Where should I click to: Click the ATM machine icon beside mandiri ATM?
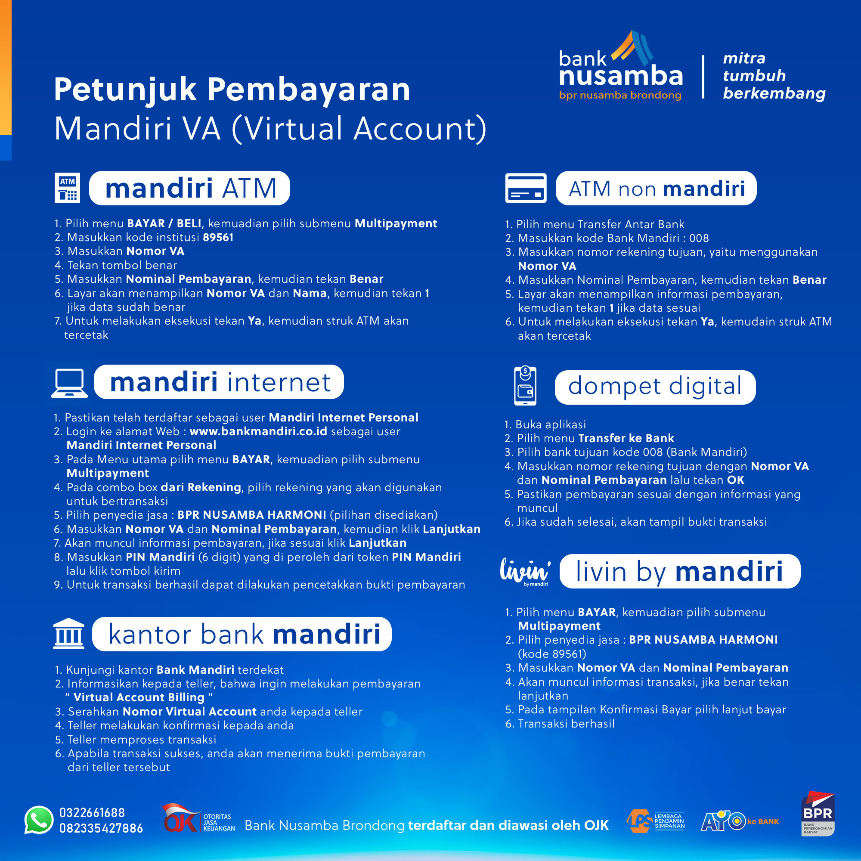(67, 188)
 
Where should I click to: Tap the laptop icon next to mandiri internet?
(69, 383)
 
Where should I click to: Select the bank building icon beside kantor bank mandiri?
(68, 634)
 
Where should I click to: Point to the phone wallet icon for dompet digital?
(525, 386)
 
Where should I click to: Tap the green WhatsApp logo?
(39, 820)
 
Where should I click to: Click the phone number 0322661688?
(92, 812)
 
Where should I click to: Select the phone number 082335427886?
(101, 828)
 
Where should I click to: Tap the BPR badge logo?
(818, 814)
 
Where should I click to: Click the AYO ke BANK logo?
(740, 821)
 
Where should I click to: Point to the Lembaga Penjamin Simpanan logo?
(655, 821)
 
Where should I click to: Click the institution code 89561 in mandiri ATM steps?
(218, 237)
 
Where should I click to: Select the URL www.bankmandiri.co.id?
(258, 431)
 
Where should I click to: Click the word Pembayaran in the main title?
(308, 90)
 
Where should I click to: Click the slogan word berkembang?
(774, 93)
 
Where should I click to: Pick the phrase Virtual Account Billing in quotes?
(139, 697)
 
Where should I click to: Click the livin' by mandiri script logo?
(525, 571)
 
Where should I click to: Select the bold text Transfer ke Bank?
(626, 438)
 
